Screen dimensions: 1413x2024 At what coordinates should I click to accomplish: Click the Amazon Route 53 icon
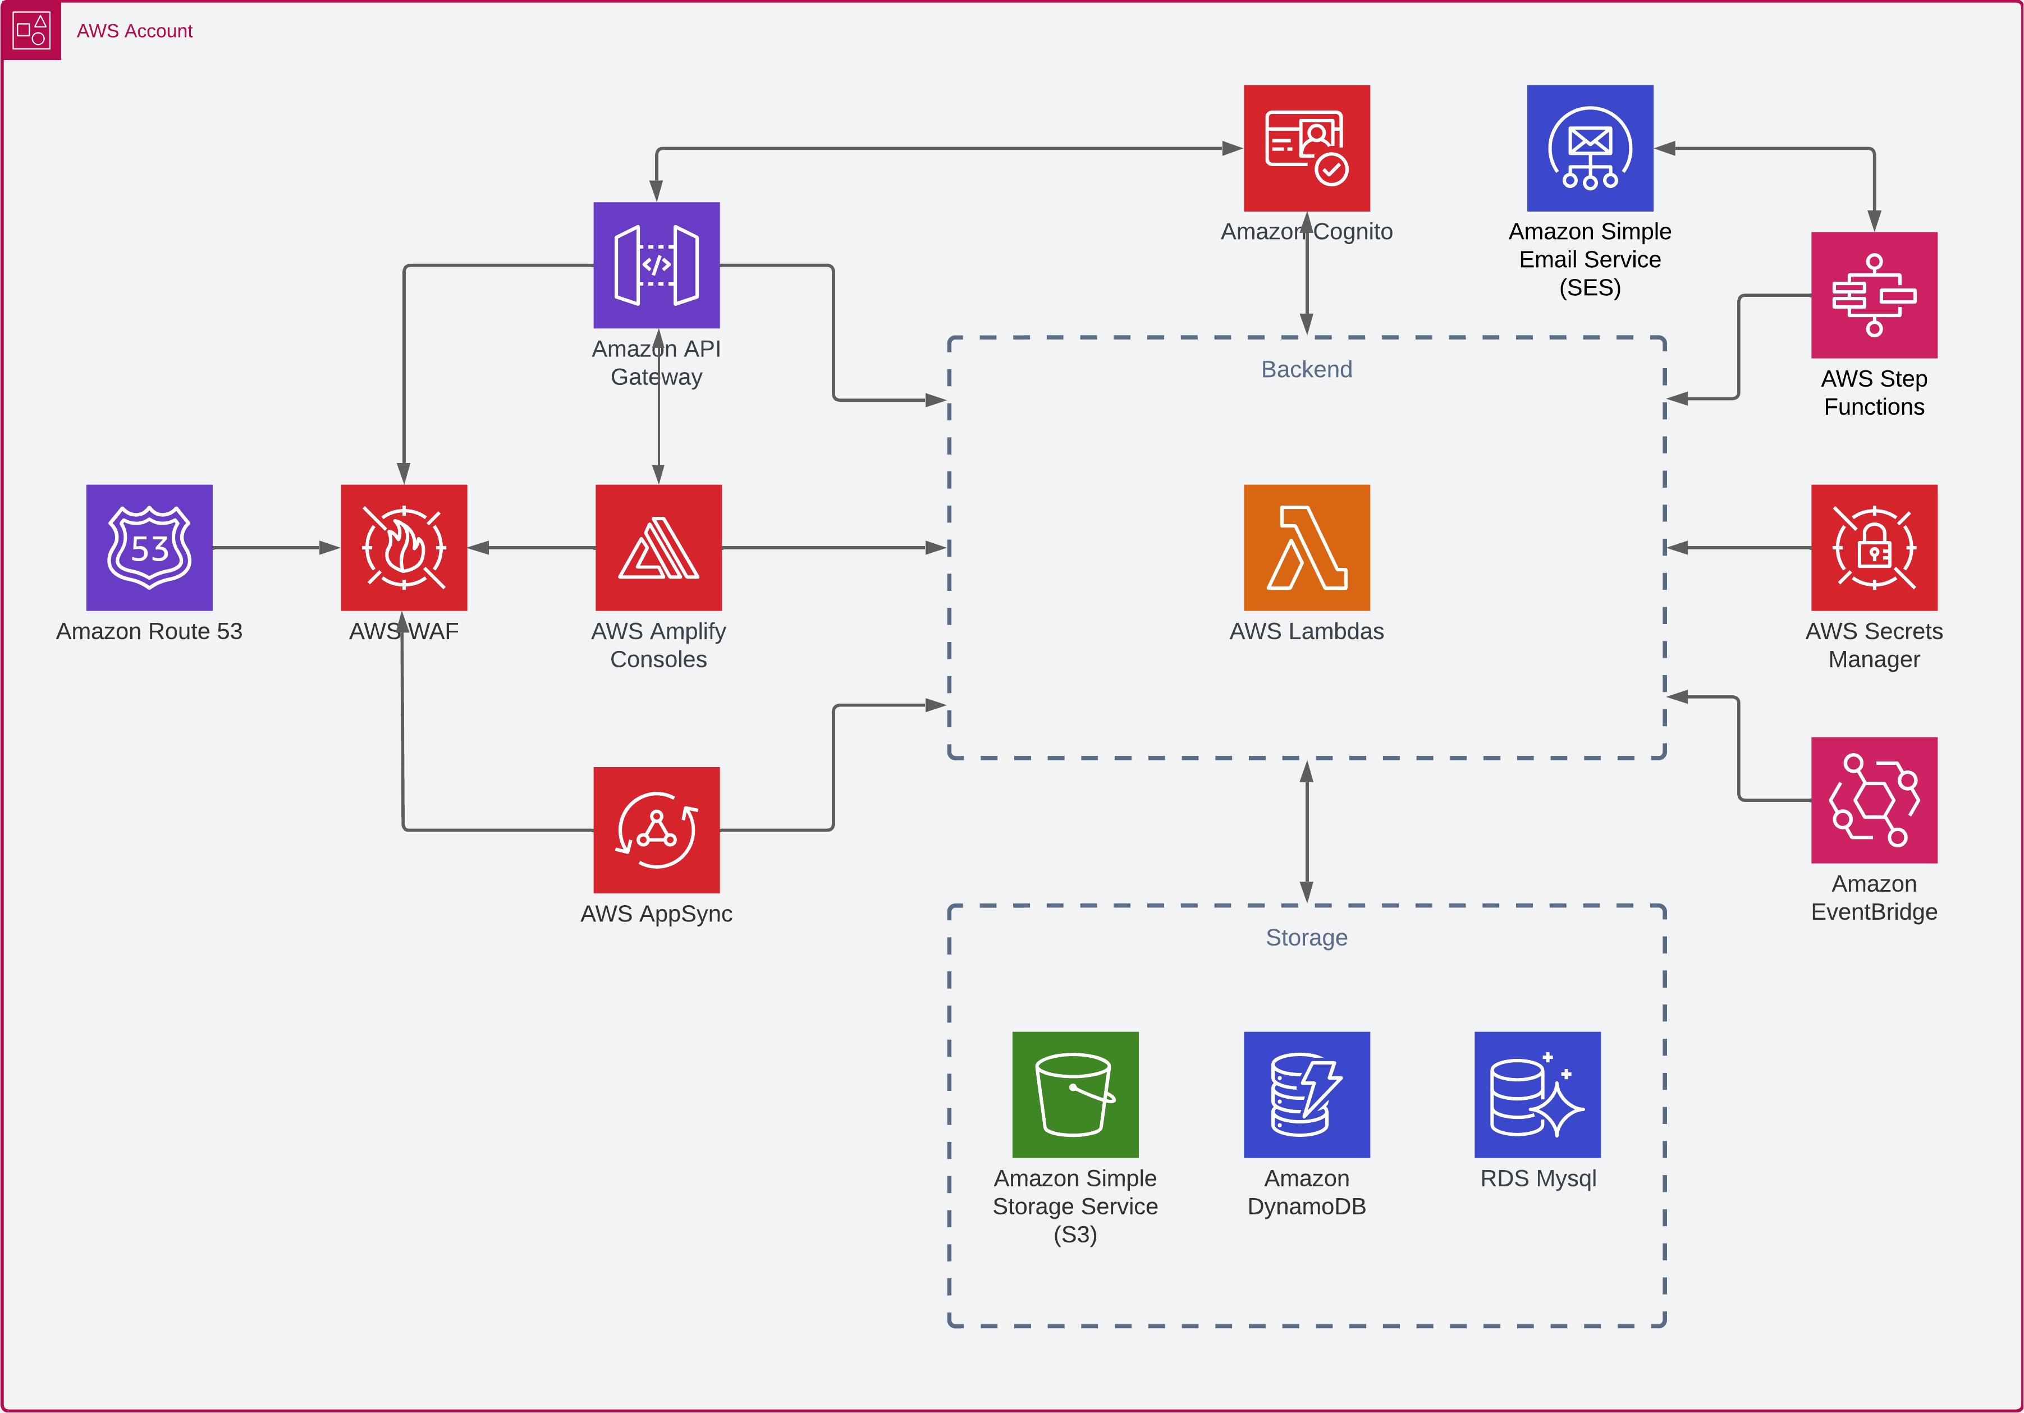pyautogui.click(x=149, y=547)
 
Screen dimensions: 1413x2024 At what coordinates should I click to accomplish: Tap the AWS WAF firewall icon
pyautogui.click(x=404, y=547)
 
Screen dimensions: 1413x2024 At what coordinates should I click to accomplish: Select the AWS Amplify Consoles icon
pyautogui.click(x=658, y=547)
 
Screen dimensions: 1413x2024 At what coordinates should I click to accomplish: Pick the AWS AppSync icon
pyautogui.click(x=657, y=829)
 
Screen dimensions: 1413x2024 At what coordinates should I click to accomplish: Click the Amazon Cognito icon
pyautogui.click(x=1307, y=148)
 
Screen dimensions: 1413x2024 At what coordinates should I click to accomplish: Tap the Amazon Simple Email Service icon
pyautogui.click(x=1590, y=148)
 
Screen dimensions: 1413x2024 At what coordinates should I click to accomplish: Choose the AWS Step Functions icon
pyautogui.click(x=1874, y=295)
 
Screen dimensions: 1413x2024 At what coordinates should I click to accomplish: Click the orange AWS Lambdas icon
pyautogui.click(x=1307, y=547)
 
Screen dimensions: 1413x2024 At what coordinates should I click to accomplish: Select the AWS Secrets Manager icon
pyautogui.click(x=1874, y=547)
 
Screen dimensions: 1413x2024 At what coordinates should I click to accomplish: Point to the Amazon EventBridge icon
pyautogui.click(x=1874, y=800)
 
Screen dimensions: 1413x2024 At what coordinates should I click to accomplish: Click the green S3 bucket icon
pyautogui.click(x=1075, y=1094)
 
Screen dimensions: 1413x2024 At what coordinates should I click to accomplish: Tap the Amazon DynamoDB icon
pyautogui.click(x=1307, y=1094)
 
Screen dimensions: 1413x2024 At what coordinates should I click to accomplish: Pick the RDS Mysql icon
pyautogui.click(x=1537, y=1094)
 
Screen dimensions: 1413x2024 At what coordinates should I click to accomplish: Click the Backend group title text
pyautogui.click(x=1307, y=369)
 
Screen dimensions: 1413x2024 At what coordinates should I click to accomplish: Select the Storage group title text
pyautogui.click(x=1307, y=937)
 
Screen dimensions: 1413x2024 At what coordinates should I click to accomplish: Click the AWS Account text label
pyautogui.click(x=134, y=31)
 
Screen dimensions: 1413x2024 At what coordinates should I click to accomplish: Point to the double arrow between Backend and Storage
pyautogui.click(x=1307, y=831)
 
